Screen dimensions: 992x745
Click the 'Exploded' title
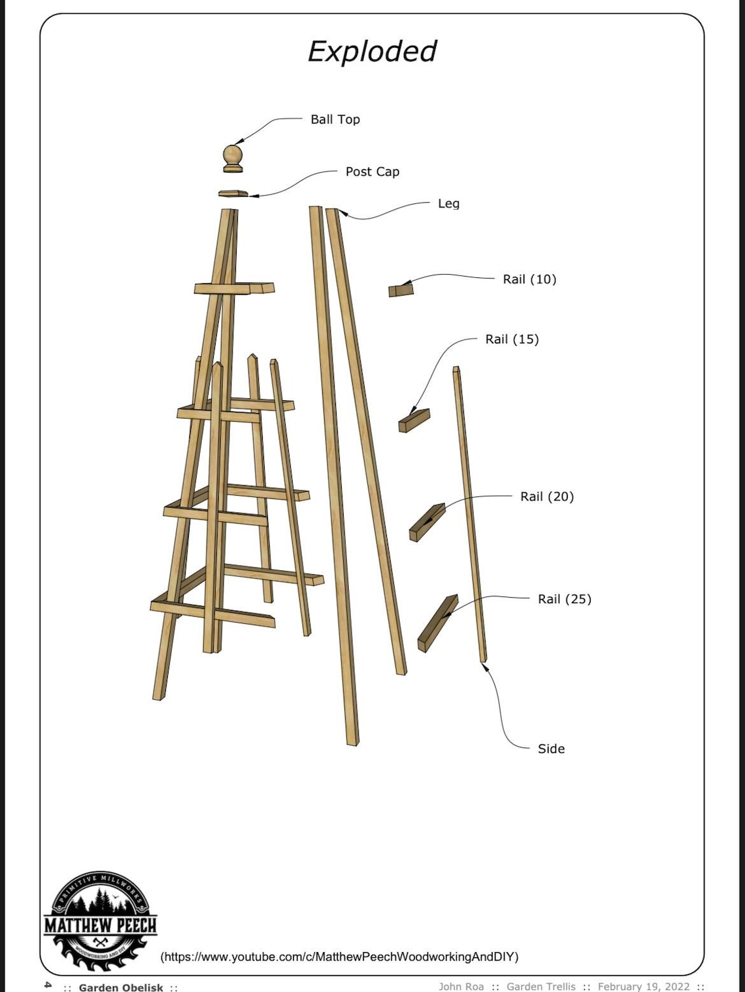coord(372,52)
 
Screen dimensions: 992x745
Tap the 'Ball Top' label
coord(335,119)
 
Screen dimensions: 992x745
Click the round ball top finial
coord(233,156)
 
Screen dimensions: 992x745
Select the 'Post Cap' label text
coord(372,171)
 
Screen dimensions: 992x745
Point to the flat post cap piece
coord(233,193)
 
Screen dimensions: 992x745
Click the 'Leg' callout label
coord(448,203)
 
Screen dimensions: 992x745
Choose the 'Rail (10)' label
coord(529,279)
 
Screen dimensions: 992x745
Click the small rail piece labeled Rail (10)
coord(401,290)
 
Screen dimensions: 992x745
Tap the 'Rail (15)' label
coord(512,339)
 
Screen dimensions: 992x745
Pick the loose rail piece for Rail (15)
coord(414,421)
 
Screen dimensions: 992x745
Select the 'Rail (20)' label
coord(547,496)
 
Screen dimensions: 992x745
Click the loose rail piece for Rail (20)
coord(427,522)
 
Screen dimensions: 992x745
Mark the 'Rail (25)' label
coord(565,599)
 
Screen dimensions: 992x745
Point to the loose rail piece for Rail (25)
coord(437,624)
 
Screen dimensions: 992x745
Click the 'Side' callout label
coord(551,749)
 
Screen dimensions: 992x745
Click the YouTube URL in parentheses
coord(339,957)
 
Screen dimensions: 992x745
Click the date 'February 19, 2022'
coord(644,987)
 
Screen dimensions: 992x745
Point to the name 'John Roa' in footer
coord(461,987)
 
